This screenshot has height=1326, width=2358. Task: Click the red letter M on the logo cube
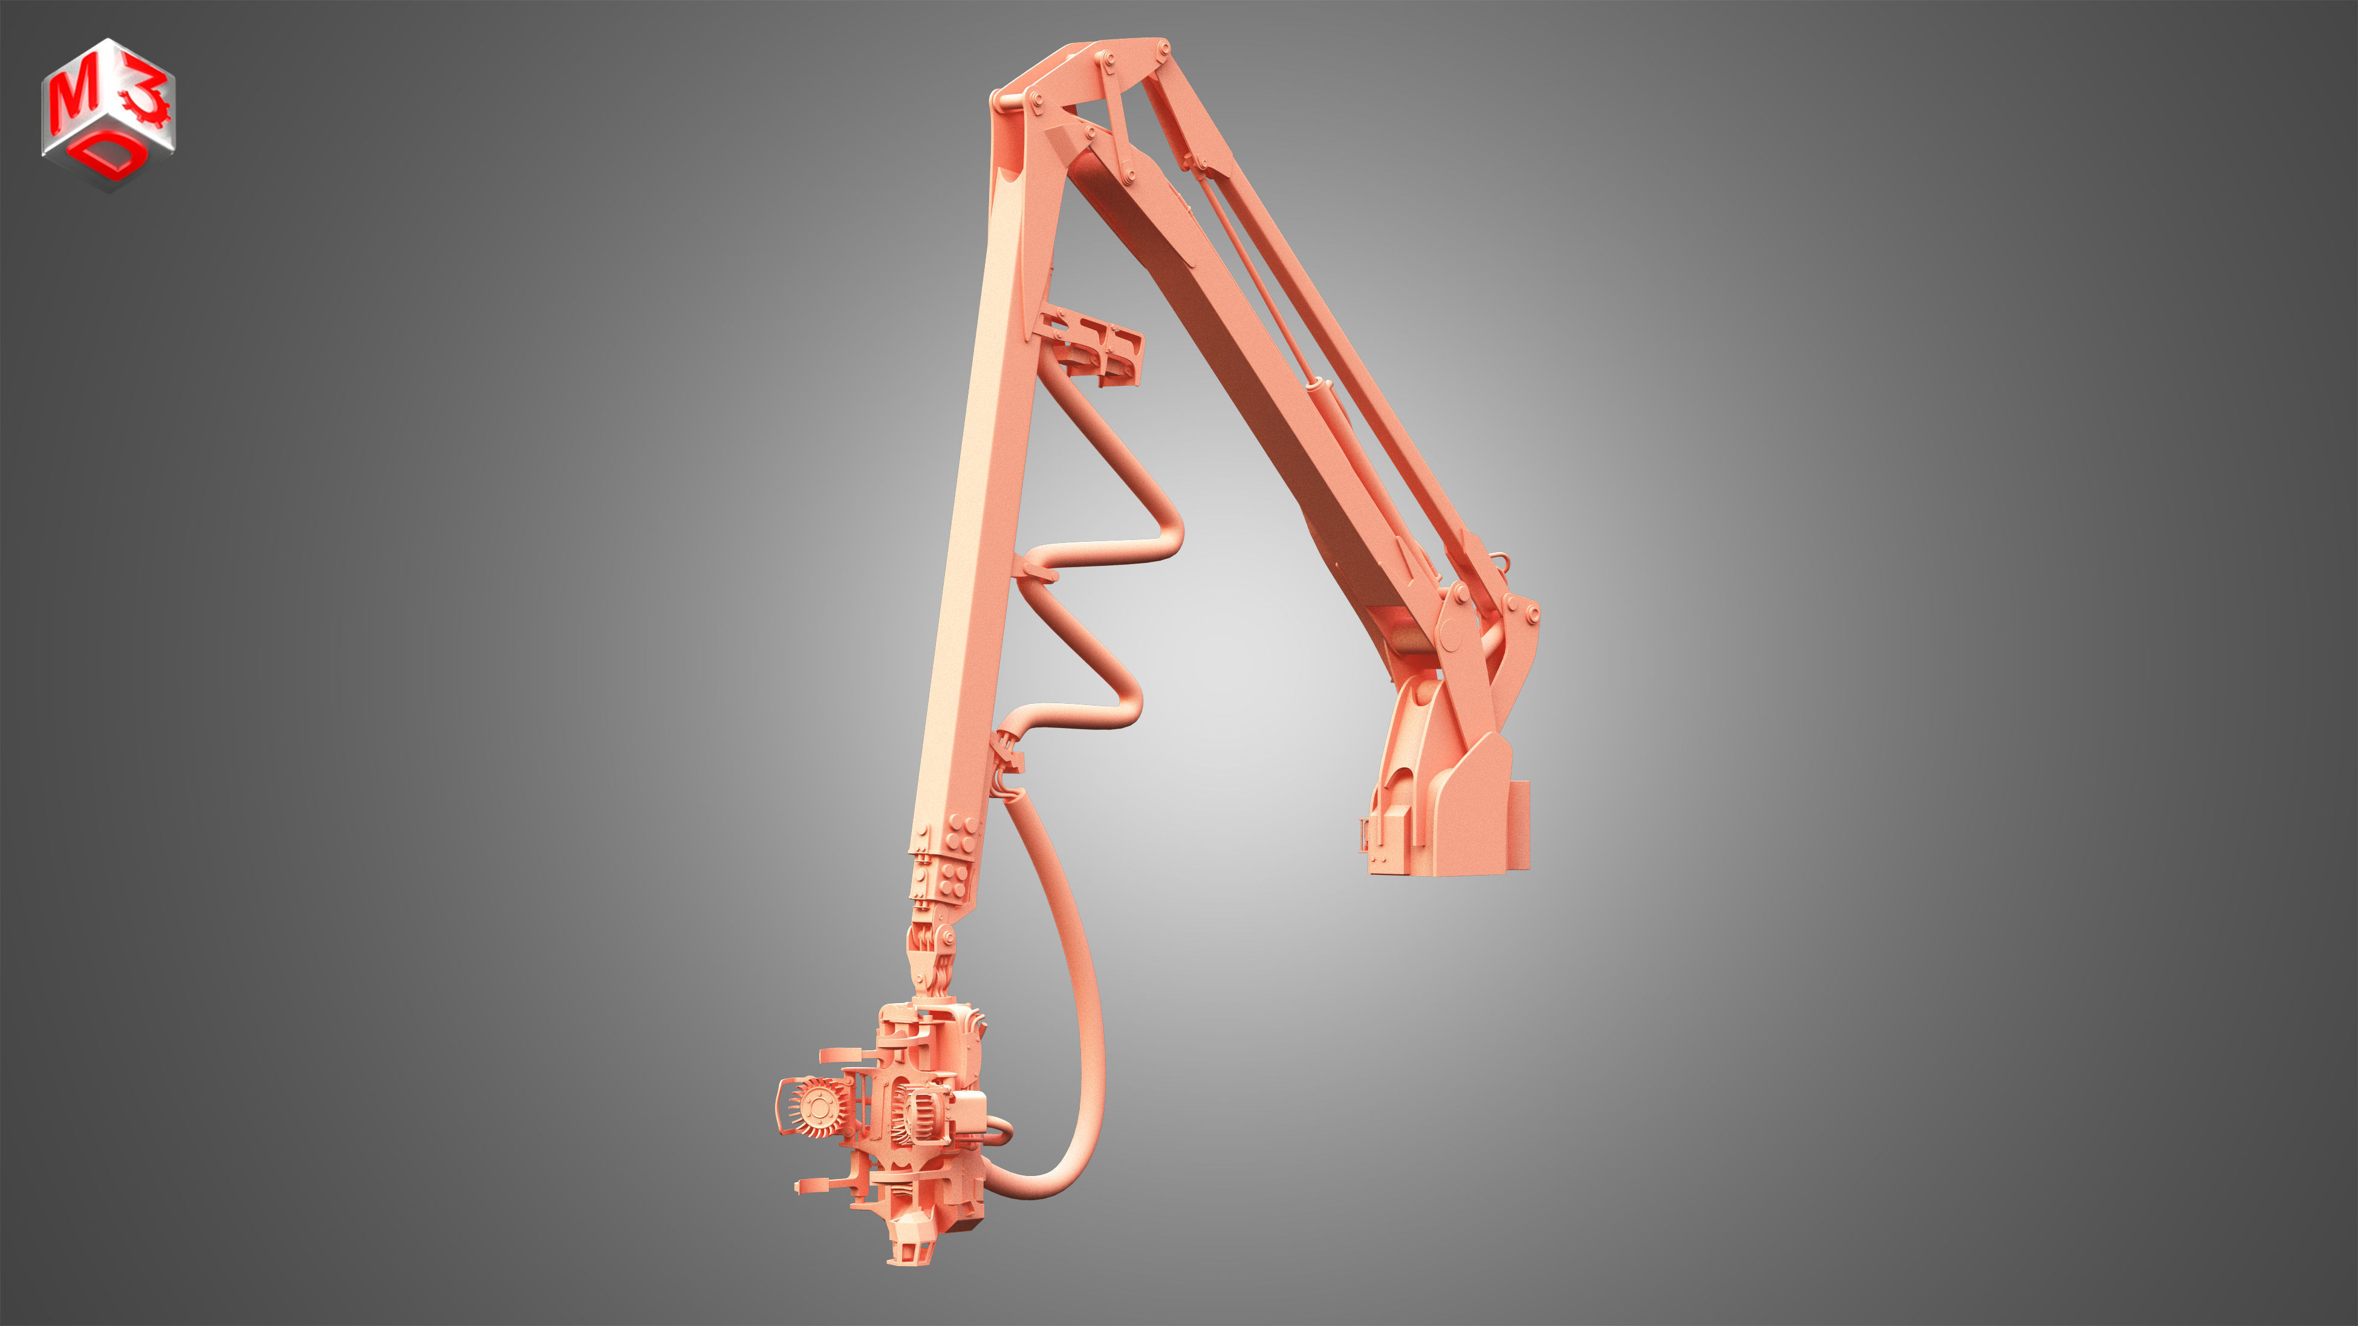[73, 98]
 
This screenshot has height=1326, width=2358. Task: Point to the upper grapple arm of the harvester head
[846, 1055]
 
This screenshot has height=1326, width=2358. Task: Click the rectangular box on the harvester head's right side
[969, 1113]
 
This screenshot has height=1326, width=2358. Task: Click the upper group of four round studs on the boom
[961, 834]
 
